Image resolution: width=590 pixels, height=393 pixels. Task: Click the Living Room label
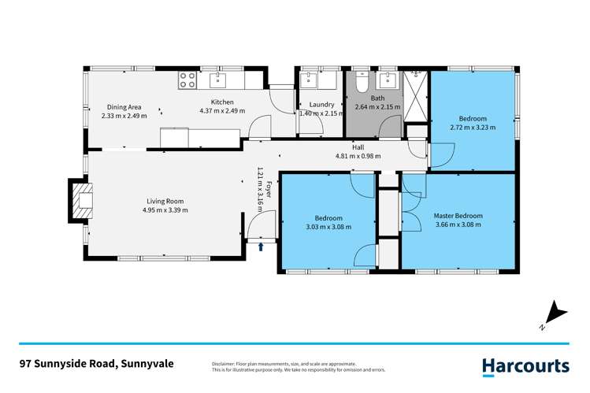click(x=165, y=200)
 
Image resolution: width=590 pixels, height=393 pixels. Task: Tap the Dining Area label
click(x=124, y=106)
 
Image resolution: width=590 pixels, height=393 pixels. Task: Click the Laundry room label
click(x=321, y=104)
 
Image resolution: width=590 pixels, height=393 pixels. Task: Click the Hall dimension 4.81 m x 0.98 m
click(x=358, y=156)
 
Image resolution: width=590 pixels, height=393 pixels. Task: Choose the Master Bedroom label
click(x=458, y=215)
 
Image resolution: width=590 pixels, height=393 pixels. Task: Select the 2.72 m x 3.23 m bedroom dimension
click(x=473, y=127)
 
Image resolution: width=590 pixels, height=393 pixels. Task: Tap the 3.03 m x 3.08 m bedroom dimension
click(x=328, y=227)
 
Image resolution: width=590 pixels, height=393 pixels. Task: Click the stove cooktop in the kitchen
click(x=188, y=79)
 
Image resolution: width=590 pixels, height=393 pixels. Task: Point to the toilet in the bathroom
click(x=359, y=82)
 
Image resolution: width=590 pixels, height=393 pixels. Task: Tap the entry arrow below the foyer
click(x=262, y=247)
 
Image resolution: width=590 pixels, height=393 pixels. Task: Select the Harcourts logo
click(x=525, y=365)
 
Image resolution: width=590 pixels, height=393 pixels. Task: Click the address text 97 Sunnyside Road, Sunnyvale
click(x=97, y=364)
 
